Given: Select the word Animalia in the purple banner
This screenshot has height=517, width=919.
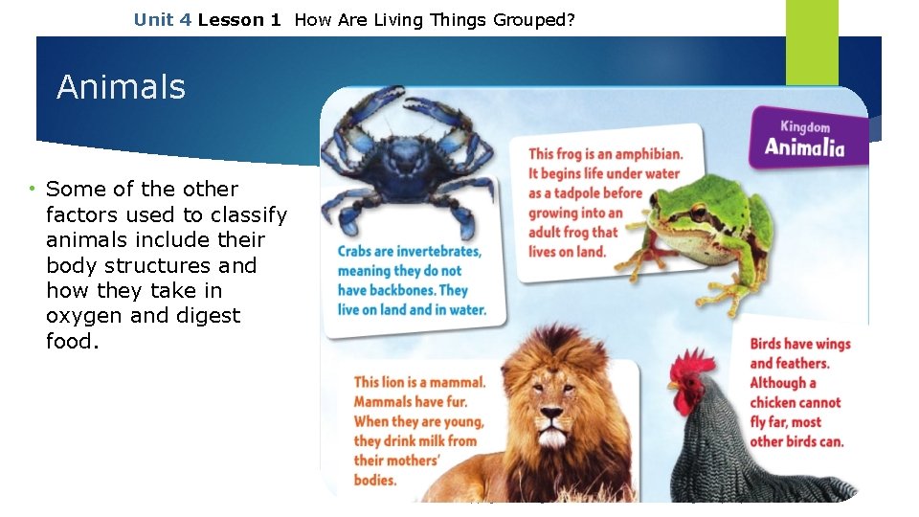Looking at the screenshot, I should tap(804, 146).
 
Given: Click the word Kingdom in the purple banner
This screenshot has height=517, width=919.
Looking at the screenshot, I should tap(805, 126).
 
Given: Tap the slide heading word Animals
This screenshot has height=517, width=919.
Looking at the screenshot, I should tap(121, 87).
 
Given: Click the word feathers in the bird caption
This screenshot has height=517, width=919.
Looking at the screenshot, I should tap(802, 363).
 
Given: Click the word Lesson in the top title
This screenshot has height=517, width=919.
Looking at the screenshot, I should tap(230, 19).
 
